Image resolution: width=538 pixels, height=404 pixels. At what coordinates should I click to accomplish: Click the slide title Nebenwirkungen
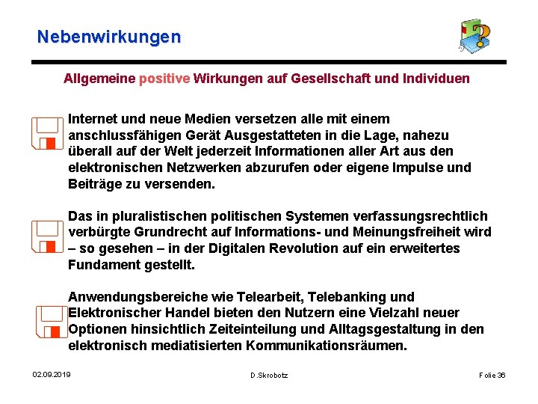109,36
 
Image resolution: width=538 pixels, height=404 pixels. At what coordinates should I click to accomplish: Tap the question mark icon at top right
474,36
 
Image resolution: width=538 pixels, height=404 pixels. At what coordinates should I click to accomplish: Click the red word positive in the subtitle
164,78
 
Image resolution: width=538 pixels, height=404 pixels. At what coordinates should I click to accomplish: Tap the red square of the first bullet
50,142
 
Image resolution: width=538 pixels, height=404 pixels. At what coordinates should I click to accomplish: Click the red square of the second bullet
50,245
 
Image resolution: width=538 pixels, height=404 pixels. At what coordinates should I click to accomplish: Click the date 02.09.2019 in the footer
52,374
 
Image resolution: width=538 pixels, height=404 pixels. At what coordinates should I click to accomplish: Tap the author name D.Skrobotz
269,374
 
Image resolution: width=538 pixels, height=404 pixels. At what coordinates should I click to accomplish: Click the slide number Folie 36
492,374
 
